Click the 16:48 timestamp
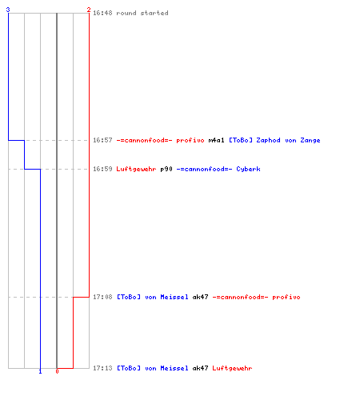(x=102, y=13)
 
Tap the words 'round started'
(x=142, y=13)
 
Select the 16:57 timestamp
(x=102, y=140)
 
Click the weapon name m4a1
(x=216, y=140)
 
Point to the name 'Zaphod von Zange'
(x=288, y=140)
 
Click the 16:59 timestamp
(x=102, y=169)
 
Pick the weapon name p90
(x=166, y=169)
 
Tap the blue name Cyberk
(x=248, y=169)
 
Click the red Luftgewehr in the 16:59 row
(x=136, y=169)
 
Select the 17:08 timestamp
(x=102, y=297)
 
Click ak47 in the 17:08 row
(x=200, y=297)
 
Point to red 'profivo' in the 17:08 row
(x=286, y=297)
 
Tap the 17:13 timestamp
(x=102, y=368)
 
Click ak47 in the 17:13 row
(x=200, y=368)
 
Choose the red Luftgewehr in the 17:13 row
(x=232, y=368)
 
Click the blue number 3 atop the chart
(x=8, y=10)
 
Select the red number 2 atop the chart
(x=89, y=10)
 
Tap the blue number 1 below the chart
(x=40, y=371)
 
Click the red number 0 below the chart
(x=57, y=371)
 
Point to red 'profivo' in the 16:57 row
(x=190, y=140)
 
